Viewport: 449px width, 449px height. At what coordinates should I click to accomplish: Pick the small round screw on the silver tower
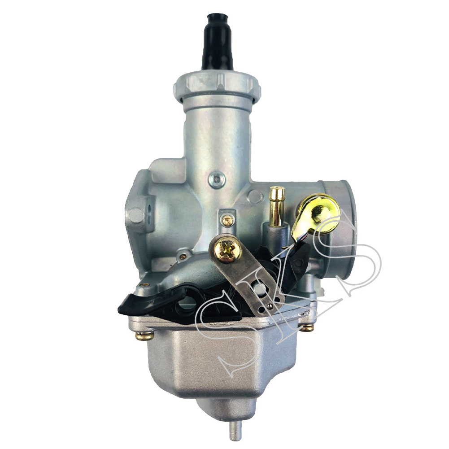217,179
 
